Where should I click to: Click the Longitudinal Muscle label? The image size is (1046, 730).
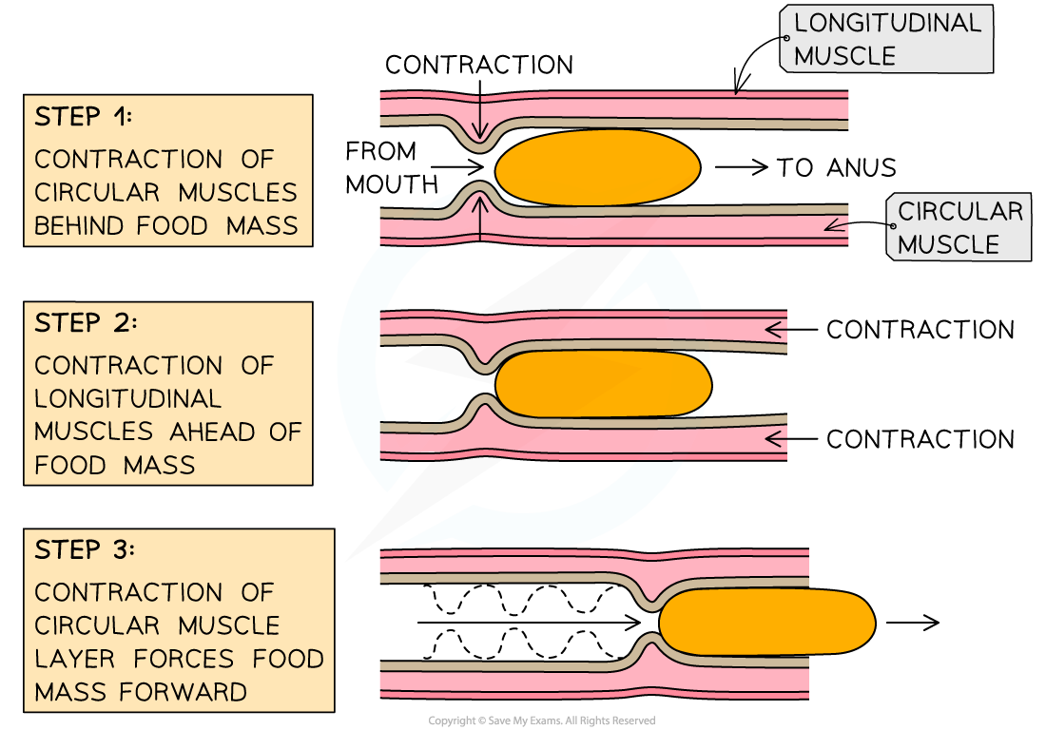[886, 39]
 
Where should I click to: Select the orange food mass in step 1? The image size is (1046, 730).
[597, 167]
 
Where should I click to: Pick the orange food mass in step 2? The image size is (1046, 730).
[603, 383]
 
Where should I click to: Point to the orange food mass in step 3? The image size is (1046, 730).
[765, 623]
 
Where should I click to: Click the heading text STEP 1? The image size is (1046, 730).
[84, 118]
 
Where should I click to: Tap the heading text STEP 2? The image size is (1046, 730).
[86, 323]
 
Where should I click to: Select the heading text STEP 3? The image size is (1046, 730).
[86, 550]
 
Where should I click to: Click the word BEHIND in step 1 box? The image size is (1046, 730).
[80, 226]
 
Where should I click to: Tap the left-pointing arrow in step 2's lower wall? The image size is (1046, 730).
[774, 439]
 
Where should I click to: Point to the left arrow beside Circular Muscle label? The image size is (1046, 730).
[836, 226]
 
